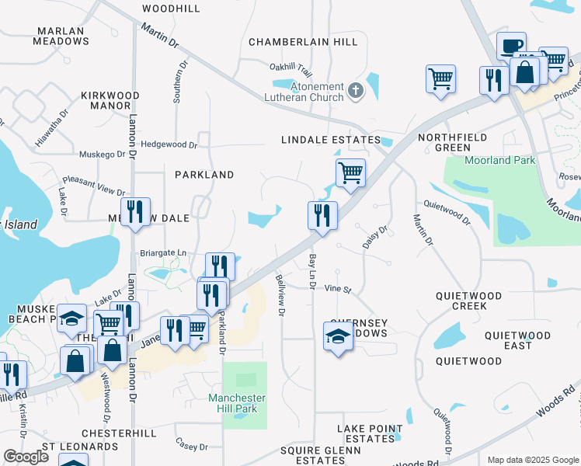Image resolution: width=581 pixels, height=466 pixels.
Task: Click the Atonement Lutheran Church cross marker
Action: (356, 91)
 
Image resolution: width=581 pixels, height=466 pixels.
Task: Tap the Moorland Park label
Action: (500, 160)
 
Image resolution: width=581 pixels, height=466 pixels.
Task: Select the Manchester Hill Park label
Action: (237, 404)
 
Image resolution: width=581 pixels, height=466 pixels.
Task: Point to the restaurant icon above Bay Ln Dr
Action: (322, 214)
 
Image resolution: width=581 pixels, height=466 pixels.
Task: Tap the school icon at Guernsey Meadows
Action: (338, 336)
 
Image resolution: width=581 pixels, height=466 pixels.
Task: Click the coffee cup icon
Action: (511, 46)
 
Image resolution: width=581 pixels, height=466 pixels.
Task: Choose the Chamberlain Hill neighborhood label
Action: (303, 42)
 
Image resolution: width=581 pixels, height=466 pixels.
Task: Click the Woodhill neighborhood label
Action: (171, 9)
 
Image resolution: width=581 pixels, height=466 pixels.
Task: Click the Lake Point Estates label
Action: (370, 433)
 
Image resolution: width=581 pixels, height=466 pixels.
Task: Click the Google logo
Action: (26, 457)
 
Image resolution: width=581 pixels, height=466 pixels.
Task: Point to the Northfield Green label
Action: (454, 142)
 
